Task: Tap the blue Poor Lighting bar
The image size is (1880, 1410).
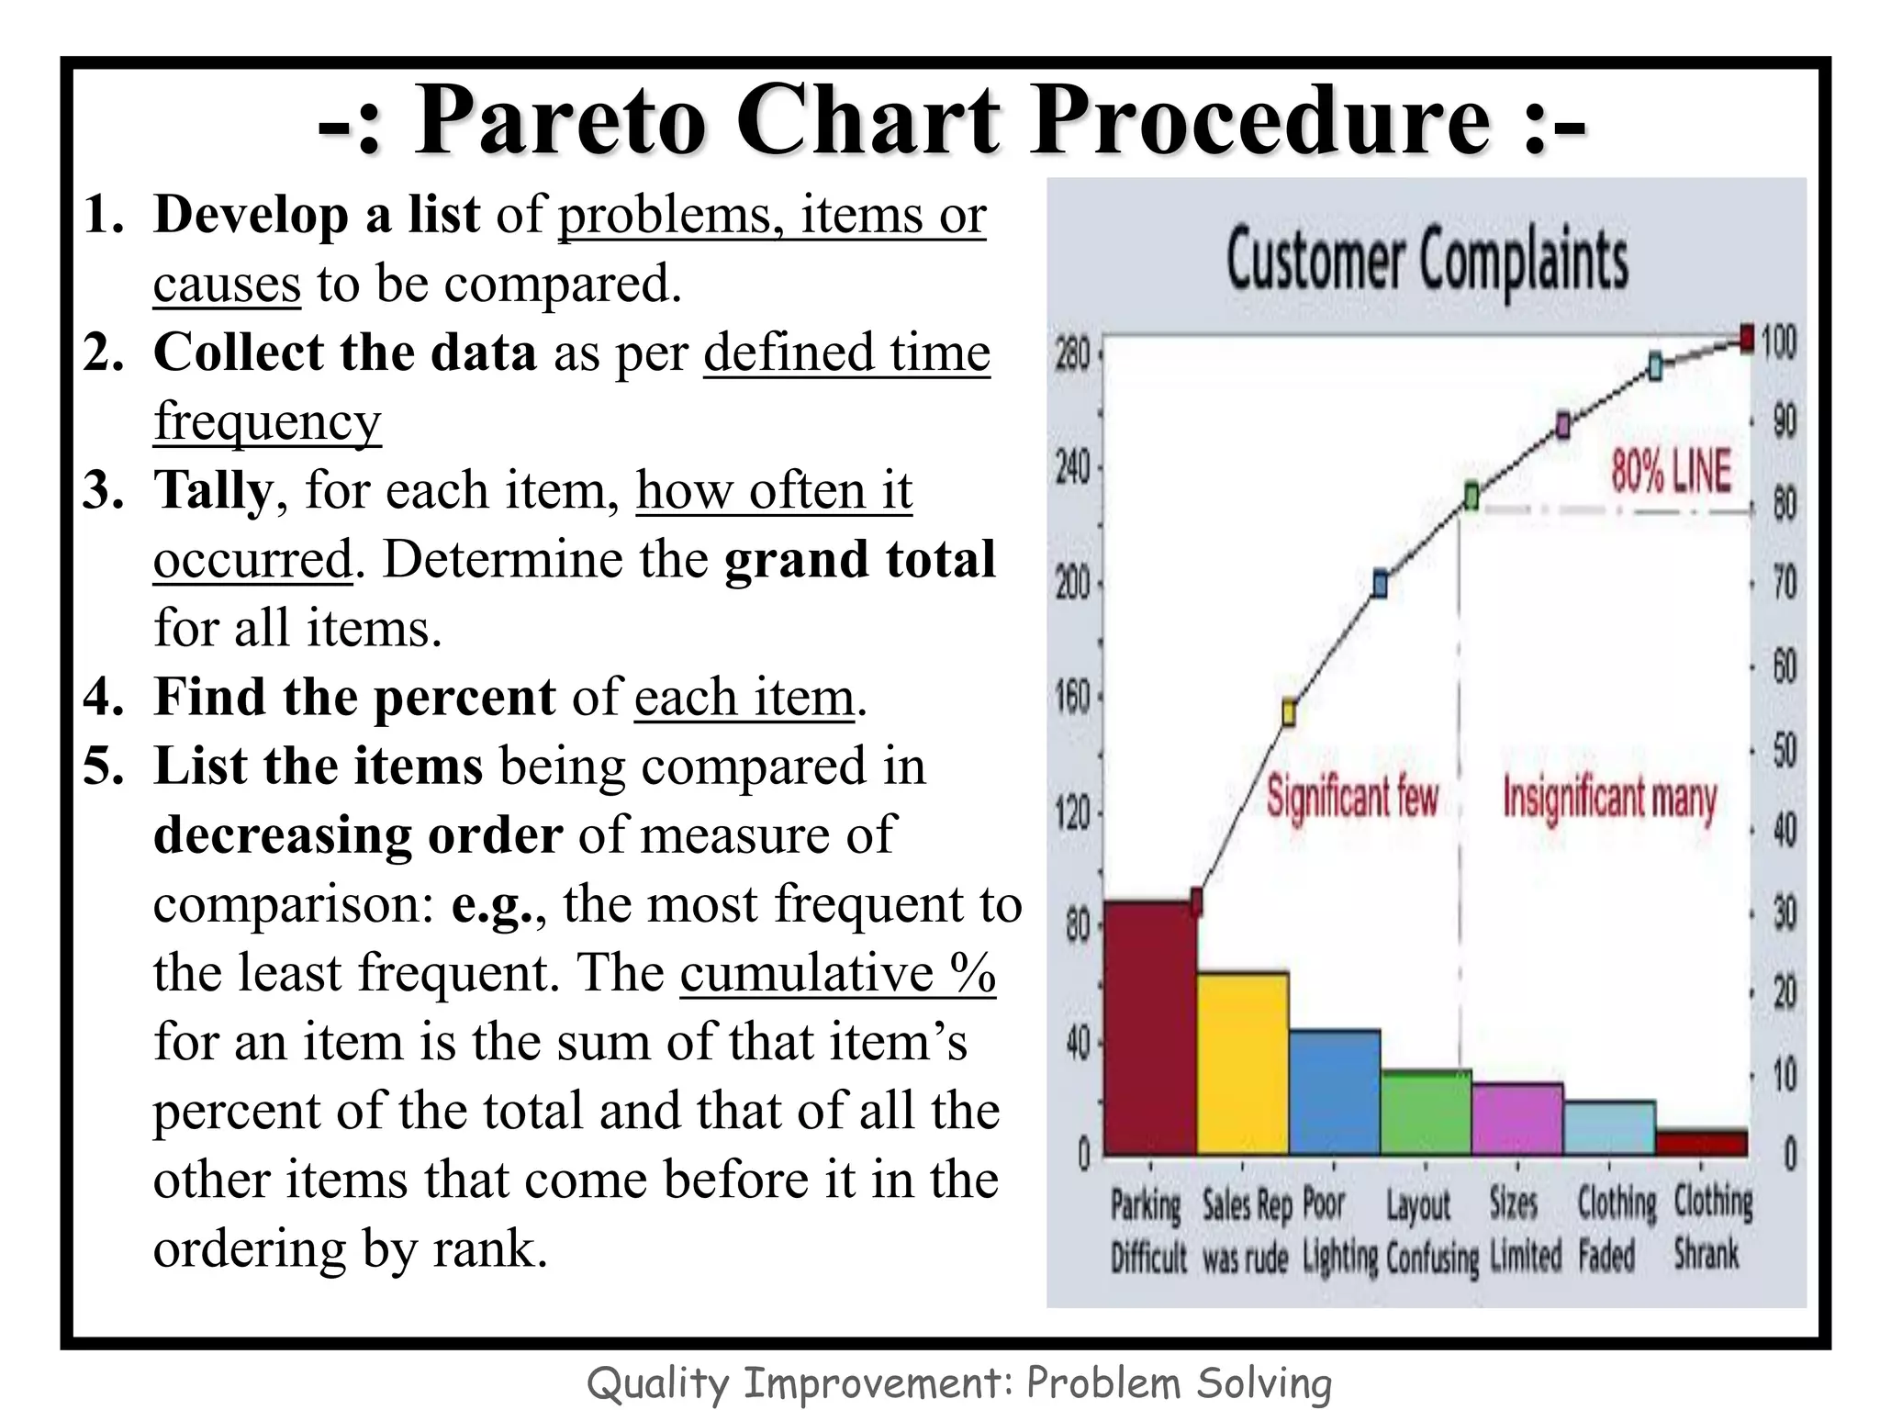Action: [x=1334, y=1091]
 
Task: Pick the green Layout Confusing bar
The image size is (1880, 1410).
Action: [x=1426, y=1112]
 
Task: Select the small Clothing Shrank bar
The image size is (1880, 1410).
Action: [x=1701, y=1142]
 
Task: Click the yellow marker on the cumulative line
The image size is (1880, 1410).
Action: [x=1289, y=712]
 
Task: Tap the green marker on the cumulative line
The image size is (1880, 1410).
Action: [x=1472, y=497]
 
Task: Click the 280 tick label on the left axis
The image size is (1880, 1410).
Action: [x=1072, y=354]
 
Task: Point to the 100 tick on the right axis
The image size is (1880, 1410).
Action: [x=1778, y=342]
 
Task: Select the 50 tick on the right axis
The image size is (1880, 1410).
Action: [x=1784, y=750]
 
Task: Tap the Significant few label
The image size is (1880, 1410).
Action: [x=1352, y=796]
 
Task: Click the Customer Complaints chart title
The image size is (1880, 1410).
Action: [x=1427, y=260]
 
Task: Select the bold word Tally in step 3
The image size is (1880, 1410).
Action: [x=213, y=490]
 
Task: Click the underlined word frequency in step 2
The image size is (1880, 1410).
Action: [x=266, y=421]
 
